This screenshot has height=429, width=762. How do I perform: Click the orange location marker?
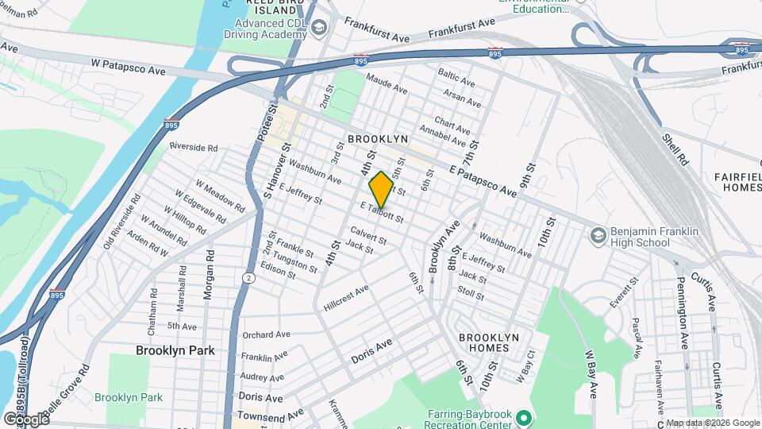coord(382,190)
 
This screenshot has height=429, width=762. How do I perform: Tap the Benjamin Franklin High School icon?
coord(598,234)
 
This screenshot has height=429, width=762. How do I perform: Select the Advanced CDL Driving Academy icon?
coord(318,29)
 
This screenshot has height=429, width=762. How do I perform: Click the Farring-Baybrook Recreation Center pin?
coord(523,417)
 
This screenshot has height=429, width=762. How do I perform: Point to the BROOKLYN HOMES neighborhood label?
coord(489,343)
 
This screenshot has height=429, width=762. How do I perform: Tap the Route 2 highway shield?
coord(248,277)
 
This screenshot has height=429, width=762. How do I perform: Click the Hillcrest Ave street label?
coord(346,298)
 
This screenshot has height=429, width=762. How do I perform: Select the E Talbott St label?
coord(382,212)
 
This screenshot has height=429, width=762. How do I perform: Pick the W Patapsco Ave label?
coord(128,70)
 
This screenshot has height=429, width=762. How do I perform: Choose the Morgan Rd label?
coord(209,274)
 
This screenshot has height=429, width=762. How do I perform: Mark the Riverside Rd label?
coord(193,147)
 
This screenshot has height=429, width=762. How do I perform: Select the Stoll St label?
coord(471,293)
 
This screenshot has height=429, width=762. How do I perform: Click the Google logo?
coord(25,419)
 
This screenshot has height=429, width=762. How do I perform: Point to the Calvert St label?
coord(368,235)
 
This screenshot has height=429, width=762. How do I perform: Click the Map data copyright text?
coord(712,423)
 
